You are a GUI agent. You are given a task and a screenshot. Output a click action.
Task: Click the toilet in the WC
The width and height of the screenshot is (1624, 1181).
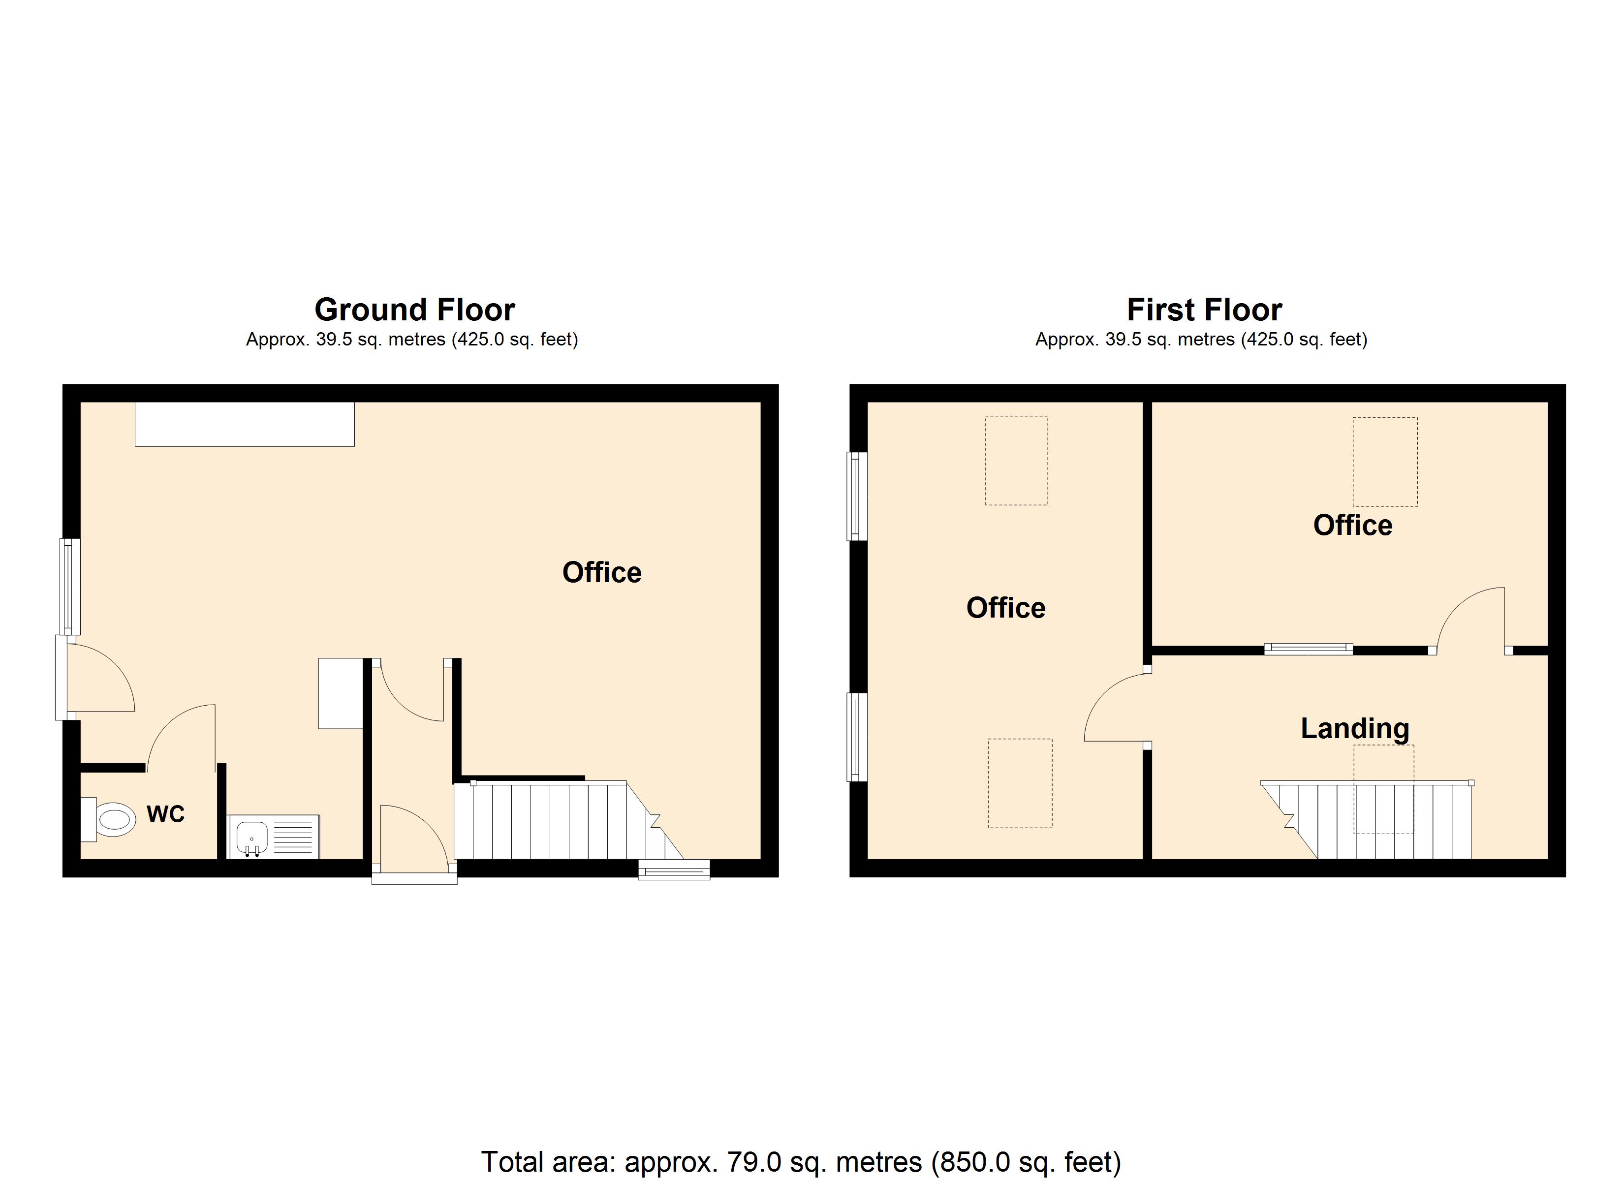pyautogui.click(x=108, y=819)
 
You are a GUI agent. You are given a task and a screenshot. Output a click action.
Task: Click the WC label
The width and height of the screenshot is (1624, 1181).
pyautogui.click(x=165, y=814)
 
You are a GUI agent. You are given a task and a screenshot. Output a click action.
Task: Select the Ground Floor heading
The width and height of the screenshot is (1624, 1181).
pyautogui.click(x=414, y=310)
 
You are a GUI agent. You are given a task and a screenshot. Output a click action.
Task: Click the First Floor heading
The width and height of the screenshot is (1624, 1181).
pyautogui.click(x=1204, y=310)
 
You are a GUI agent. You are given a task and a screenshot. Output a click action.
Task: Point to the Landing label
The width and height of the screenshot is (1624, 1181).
pyautogui.click(x=1355, y=728)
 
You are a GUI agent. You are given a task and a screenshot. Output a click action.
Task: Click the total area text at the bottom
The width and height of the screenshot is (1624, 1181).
pyautogui.click(x=801, y=1162)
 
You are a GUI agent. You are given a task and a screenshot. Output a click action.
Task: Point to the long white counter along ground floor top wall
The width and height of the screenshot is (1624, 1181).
pyautogui.click(x=245, y=424)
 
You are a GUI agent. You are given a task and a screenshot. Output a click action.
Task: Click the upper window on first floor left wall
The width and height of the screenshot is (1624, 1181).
pyautogui.click(x=857, y=496)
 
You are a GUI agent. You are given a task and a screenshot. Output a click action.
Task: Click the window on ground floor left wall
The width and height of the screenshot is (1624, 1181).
pyautogui.click(x=69, y=586)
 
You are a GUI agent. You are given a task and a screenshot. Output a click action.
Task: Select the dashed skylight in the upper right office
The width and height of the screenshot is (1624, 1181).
pyautogui.click(x=1385, y=462)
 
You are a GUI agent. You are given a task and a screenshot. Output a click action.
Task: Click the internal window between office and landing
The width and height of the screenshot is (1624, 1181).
pyautogui.click(x=1308, y=650)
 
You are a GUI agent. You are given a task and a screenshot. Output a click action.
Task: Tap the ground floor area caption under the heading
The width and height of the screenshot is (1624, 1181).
pyautogui.click(x=412, y=340)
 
